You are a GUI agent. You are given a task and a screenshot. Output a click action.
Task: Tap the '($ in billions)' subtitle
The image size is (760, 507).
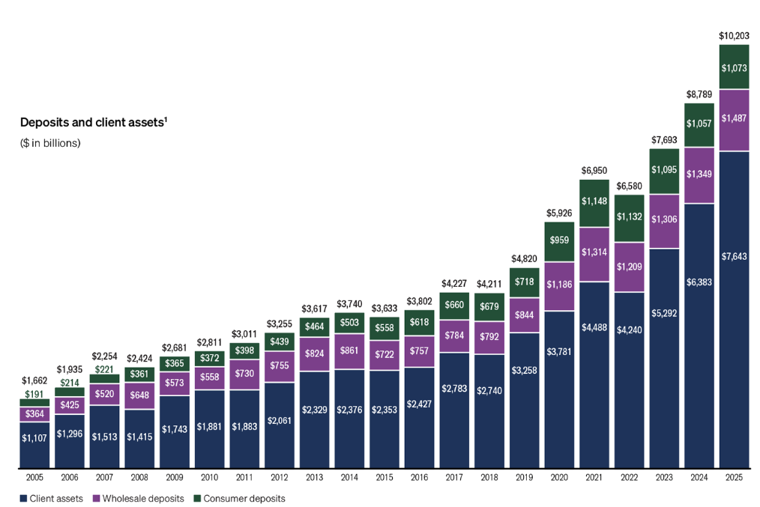pos(50,143)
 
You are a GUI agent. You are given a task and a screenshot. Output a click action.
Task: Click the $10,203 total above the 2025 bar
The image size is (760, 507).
pos(734,35)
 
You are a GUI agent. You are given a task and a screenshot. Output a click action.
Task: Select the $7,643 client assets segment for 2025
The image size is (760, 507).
pos(734,256)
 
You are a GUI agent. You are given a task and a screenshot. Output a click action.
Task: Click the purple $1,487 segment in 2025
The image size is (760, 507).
pos(734,118)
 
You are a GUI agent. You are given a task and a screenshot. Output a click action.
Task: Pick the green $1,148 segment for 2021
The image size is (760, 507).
pos(594,201)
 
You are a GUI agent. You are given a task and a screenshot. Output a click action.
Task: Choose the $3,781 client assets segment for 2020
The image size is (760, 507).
pos(559,351)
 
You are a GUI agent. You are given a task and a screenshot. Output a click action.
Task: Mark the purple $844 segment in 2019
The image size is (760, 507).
pos(524,315)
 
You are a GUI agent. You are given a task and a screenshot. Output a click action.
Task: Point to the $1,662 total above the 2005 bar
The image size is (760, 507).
pos(34,380)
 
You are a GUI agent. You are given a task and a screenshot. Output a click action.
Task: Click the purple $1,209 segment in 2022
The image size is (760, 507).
pos(629,267)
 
